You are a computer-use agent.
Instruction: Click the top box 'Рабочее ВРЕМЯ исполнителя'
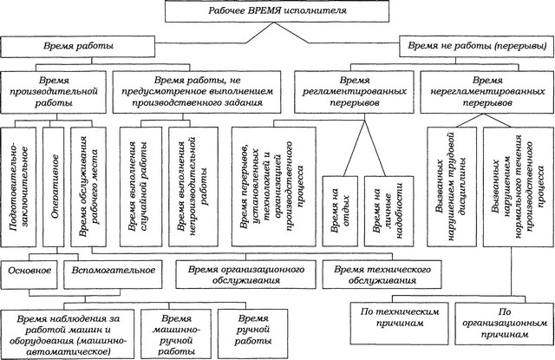(x=277, y=11)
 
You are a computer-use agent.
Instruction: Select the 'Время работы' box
(x=78, y=46)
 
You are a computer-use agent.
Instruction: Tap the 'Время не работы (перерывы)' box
(x=477, y=46)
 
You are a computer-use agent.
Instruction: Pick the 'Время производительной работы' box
(x=54, y=92)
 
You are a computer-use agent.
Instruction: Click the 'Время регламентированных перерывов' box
(x=354, y=92)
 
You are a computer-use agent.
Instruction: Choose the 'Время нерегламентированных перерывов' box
(x=487, y=92)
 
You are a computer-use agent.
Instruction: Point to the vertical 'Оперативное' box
(x=54, y=187)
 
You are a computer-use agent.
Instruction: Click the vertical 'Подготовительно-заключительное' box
(x=18, y=187)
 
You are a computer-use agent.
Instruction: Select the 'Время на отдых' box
(x=340, y=211)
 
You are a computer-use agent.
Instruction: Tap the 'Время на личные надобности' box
(x=389, y=211)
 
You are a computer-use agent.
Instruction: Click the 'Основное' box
(x=29, y=275)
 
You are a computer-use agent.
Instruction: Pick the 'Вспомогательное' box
(x=114, y=275)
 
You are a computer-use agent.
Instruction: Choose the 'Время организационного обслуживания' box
(x=246, y=275)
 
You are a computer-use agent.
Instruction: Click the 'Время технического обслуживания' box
(x=382, y=275)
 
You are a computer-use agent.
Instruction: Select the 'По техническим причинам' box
(x=399, y=324)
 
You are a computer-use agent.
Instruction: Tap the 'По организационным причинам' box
(x=505, y=324)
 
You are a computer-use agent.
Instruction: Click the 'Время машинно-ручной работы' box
(x=176, y=334)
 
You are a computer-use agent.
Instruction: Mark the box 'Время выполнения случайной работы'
(x=140, y=187)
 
